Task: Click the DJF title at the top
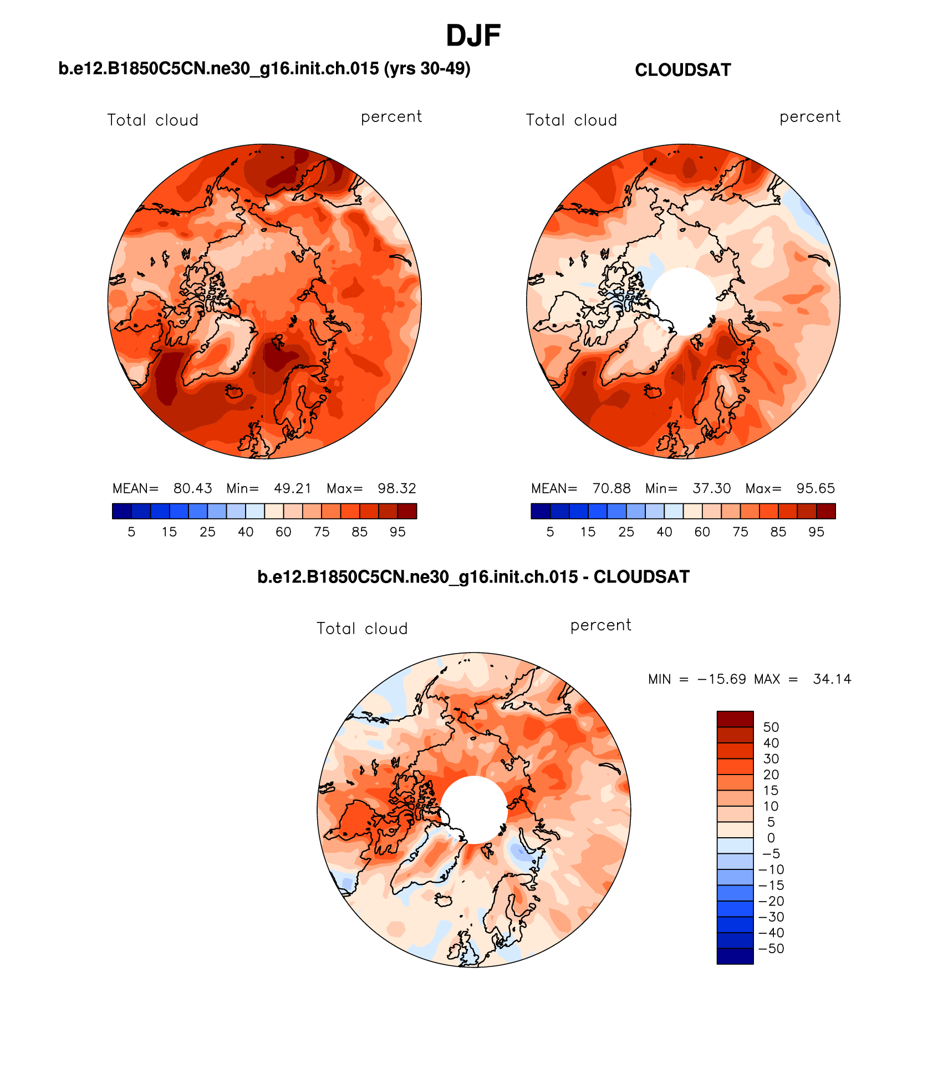pyautogui.click(x=473, y=36)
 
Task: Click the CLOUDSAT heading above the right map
pyautogui.click(x=682, y=70)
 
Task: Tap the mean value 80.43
pyautogui.click(x=192, y=488)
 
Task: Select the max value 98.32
pyautogui.click(x=396, y=488)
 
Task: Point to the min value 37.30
pyautogui.click(x=711, y=488)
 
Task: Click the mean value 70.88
pyautogui.click(x=611, y=488)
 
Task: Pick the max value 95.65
pyautogui.click(x=815, y=488)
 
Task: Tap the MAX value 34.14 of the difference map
pyautogui.click(x=832, y=679)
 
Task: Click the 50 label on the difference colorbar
pyautogui.click(x=771, y=727)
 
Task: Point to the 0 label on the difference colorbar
pyautogui.click(x=771, y=838)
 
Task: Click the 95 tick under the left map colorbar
pyautogui.click(x=397, y=532)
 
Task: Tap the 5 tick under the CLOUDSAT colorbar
pyautogui.click(x=550, y=532)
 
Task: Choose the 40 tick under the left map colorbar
pyautogui.click(x=246, y=532)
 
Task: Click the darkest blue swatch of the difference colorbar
pyautogui.click(x=735, y=957)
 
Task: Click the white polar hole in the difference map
pyautogui.click(x=473, y=809)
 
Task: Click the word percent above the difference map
pyautogui.click(x=600, y=625)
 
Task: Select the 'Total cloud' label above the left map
pyautogui.click(x=152, y=120)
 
